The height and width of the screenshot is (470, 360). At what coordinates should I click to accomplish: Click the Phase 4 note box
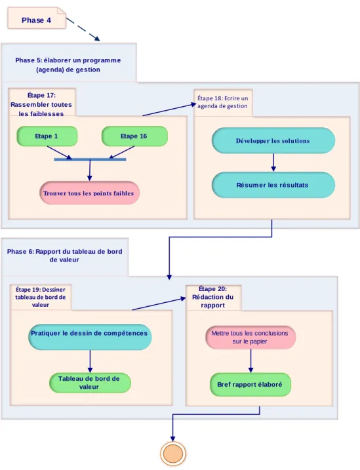(x=37, y=18)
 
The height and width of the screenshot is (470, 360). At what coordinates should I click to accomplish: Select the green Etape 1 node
(x=47, y=136)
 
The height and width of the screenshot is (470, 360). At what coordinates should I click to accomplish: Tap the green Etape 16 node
(x=134, y=136)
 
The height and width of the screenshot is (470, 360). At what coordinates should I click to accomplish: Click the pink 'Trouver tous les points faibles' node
(x=89, y=193)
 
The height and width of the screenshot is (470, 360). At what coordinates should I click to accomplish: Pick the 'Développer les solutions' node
(x=273, y=140)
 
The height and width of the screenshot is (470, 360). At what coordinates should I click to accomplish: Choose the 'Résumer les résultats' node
(x=273, y=185)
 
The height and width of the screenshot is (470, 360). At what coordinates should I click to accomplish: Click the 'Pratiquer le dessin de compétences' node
(x=90, y=337)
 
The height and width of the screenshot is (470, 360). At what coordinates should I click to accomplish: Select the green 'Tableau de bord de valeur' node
(x=90, y=383)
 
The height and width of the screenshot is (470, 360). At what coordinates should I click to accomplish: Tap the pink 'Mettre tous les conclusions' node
(x=250, y=338)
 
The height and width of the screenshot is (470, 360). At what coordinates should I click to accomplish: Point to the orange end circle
(x=173, y=454)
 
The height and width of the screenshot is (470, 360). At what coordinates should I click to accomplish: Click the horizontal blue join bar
(x=90, y=159)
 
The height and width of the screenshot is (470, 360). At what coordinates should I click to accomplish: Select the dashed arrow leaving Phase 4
(x=83, y=29)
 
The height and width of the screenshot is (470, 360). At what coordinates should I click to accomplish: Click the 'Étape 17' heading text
(x=41, y=104)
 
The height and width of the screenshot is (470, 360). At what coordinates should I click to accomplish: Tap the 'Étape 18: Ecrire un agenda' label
(x=223, y=102)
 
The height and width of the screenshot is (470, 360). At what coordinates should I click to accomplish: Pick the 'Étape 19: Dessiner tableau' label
(x=41, y=297)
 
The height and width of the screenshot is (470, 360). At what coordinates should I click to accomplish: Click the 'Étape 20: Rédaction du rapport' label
(x=213, y=297)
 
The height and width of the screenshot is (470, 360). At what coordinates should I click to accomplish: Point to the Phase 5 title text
(x=68, y=65)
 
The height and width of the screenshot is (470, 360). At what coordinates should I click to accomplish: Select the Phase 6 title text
(x=64, y=256)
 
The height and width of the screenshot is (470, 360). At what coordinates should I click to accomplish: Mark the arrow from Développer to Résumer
(x=273, y=163)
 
